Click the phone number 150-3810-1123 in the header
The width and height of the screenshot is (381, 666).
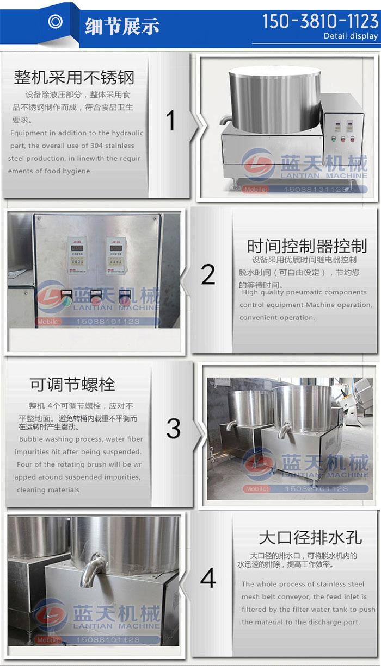click(320, 21)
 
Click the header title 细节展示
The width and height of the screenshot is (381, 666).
click(122, 26)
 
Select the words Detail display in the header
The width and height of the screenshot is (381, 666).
click(351, 36)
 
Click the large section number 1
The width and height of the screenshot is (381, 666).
click(171, 120)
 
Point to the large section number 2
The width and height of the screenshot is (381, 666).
click(208, 275)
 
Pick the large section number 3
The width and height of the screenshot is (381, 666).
click(173, 428)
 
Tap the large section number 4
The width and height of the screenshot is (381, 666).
click(208, 579)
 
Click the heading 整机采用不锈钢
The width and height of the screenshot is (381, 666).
click(74, 77)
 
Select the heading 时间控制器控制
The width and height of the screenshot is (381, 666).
click(307, 246)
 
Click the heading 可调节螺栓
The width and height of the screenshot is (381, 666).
click(72, 385)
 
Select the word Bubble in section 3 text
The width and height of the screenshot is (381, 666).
click(31, 439)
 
